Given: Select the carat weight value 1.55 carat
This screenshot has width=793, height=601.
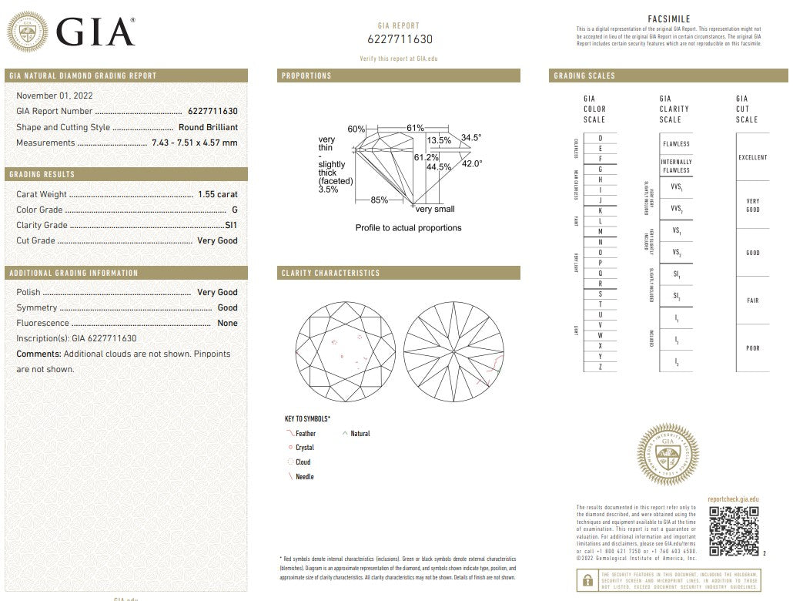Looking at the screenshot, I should click(216, 194).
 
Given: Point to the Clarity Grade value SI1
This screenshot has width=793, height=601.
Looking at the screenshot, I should click(230, 225).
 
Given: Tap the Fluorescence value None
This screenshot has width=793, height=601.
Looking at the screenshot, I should click(227, 323).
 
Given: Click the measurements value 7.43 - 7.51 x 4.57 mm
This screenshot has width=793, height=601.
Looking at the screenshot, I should click(194, 143).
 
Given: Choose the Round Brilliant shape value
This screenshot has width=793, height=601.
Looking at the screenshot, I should click(208, 127).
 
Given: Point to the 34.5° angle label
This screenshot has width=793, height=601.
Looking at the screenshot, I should click(470, 138).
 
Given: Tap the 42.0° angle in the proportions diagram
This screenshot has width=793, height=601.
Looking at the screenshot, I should click(471, 163).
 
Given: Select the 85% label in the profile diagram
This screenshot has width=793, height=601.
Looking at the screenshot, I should click(379, 200).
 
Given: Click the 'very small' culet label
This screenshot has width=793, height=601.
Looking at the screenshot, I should click(435, 209).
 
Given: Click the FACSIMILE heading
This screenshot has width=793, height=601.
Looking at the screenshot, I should click(669, 19).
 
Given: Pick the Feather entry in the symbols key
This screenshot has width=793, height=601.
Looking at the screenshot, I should click(305, 434).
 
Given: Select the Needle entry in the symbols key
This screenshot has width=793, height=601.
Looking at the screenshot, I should click(304, 477).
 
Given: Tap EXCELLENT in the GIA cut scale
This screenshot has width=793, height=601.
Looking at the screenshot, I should click(752, 157).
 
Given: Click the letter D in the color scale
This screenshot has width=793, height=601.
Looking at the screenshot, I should click(600, 137).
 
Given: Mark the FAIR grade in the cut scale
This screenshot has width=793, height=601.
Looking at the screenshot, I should click(752, 300).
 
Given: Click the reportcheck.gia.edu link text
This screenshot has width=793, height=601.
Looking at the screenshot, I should click(732, 500).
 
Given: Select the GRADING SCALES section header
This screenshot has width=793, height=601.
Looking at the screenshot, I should click(585, 76).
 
